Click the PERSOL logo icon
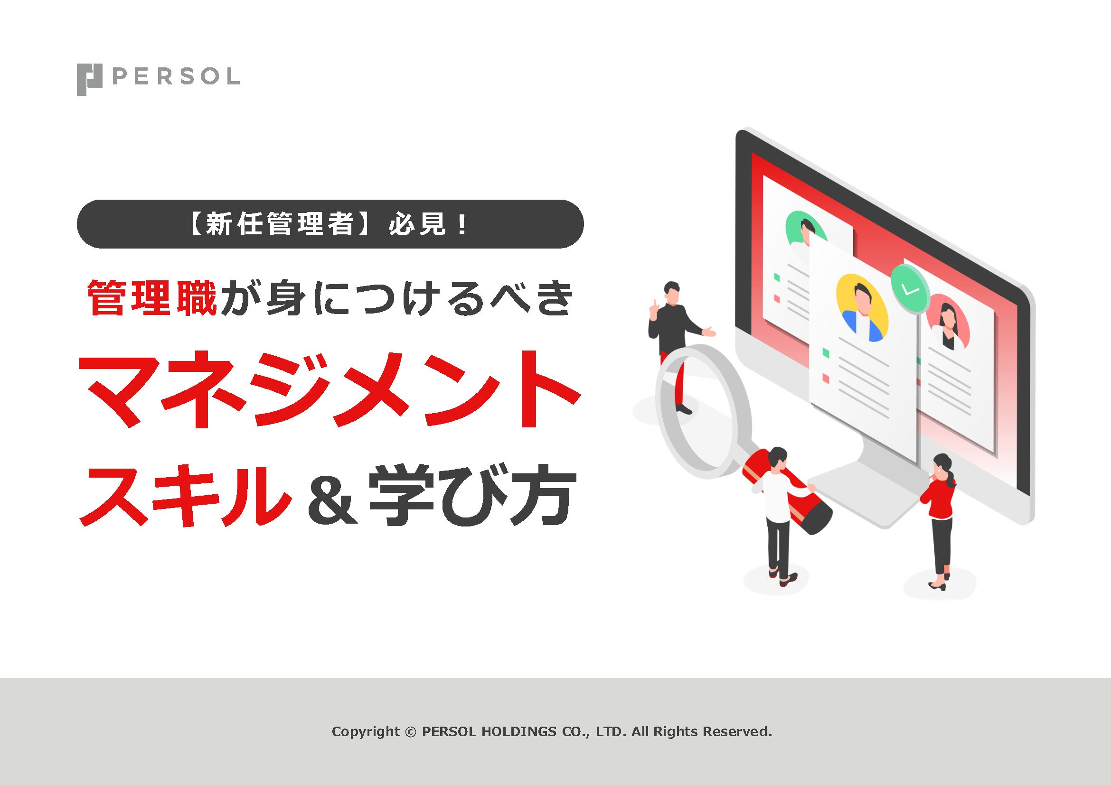[x=90, y=79]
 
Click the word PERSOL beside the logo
[x=176, y=76]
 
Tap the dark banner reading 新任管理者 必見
[x=330, y=224]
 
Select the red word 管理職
[x=152, y=298]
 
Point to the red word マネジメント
[x=330, y=389]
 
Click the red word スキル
[x=186, y=496]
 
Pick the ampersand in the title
[x=332, y=500]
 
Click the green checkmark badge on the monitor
[x=910, y=288]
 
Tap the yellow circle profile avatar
[x=862, y=308]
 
